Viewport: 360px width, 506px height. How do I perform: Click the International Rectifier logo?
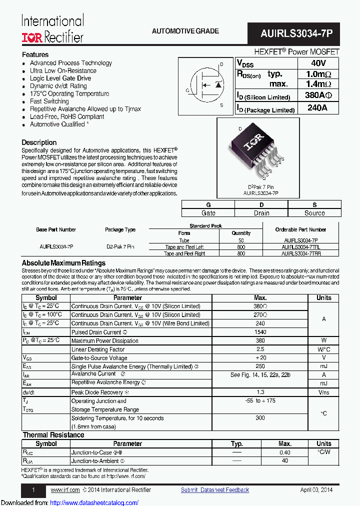tap(52, 29)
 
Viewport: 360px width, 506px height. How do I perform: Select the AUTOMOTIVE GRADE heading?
tap(185, 31)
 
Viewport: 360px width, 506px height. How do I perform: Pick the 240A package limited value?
tap(317, 108)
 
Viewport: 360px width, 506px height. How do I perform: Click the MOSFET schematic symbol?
tap(205, 85)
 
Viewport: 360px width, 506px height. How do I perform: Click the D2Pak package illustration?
tap(254, 150)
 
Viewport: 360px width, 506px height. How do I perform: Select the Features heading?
tap(35, 54)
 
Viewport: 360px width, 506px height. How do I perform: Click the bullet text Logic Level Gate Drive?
tap(60, 78)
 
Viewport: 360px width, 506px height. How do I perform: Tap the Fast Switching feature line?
tap(49, 101)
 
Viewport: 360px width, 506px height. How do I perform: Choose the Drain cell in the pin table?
tap(261, 213)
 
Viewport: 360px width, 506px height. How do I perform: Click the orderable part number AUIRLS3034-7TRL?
tap(300, 247)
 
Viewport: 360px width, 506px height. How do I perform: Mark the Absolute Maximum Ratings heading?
tap(63, 263)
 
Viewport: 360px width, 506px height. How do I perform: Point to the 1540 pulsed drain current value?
tap(260, 332)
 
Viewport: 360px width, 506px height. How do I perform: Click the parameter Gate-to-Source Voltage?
tap(99, 358)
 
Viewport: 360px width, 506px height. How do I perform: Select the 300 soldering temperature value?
tap(260, 418)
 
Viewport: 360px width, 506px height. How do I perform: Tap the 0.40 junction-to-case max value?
tap(285, 452)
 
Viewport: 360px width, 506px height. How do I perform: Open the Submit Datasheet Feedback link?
tap(214, 490)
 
